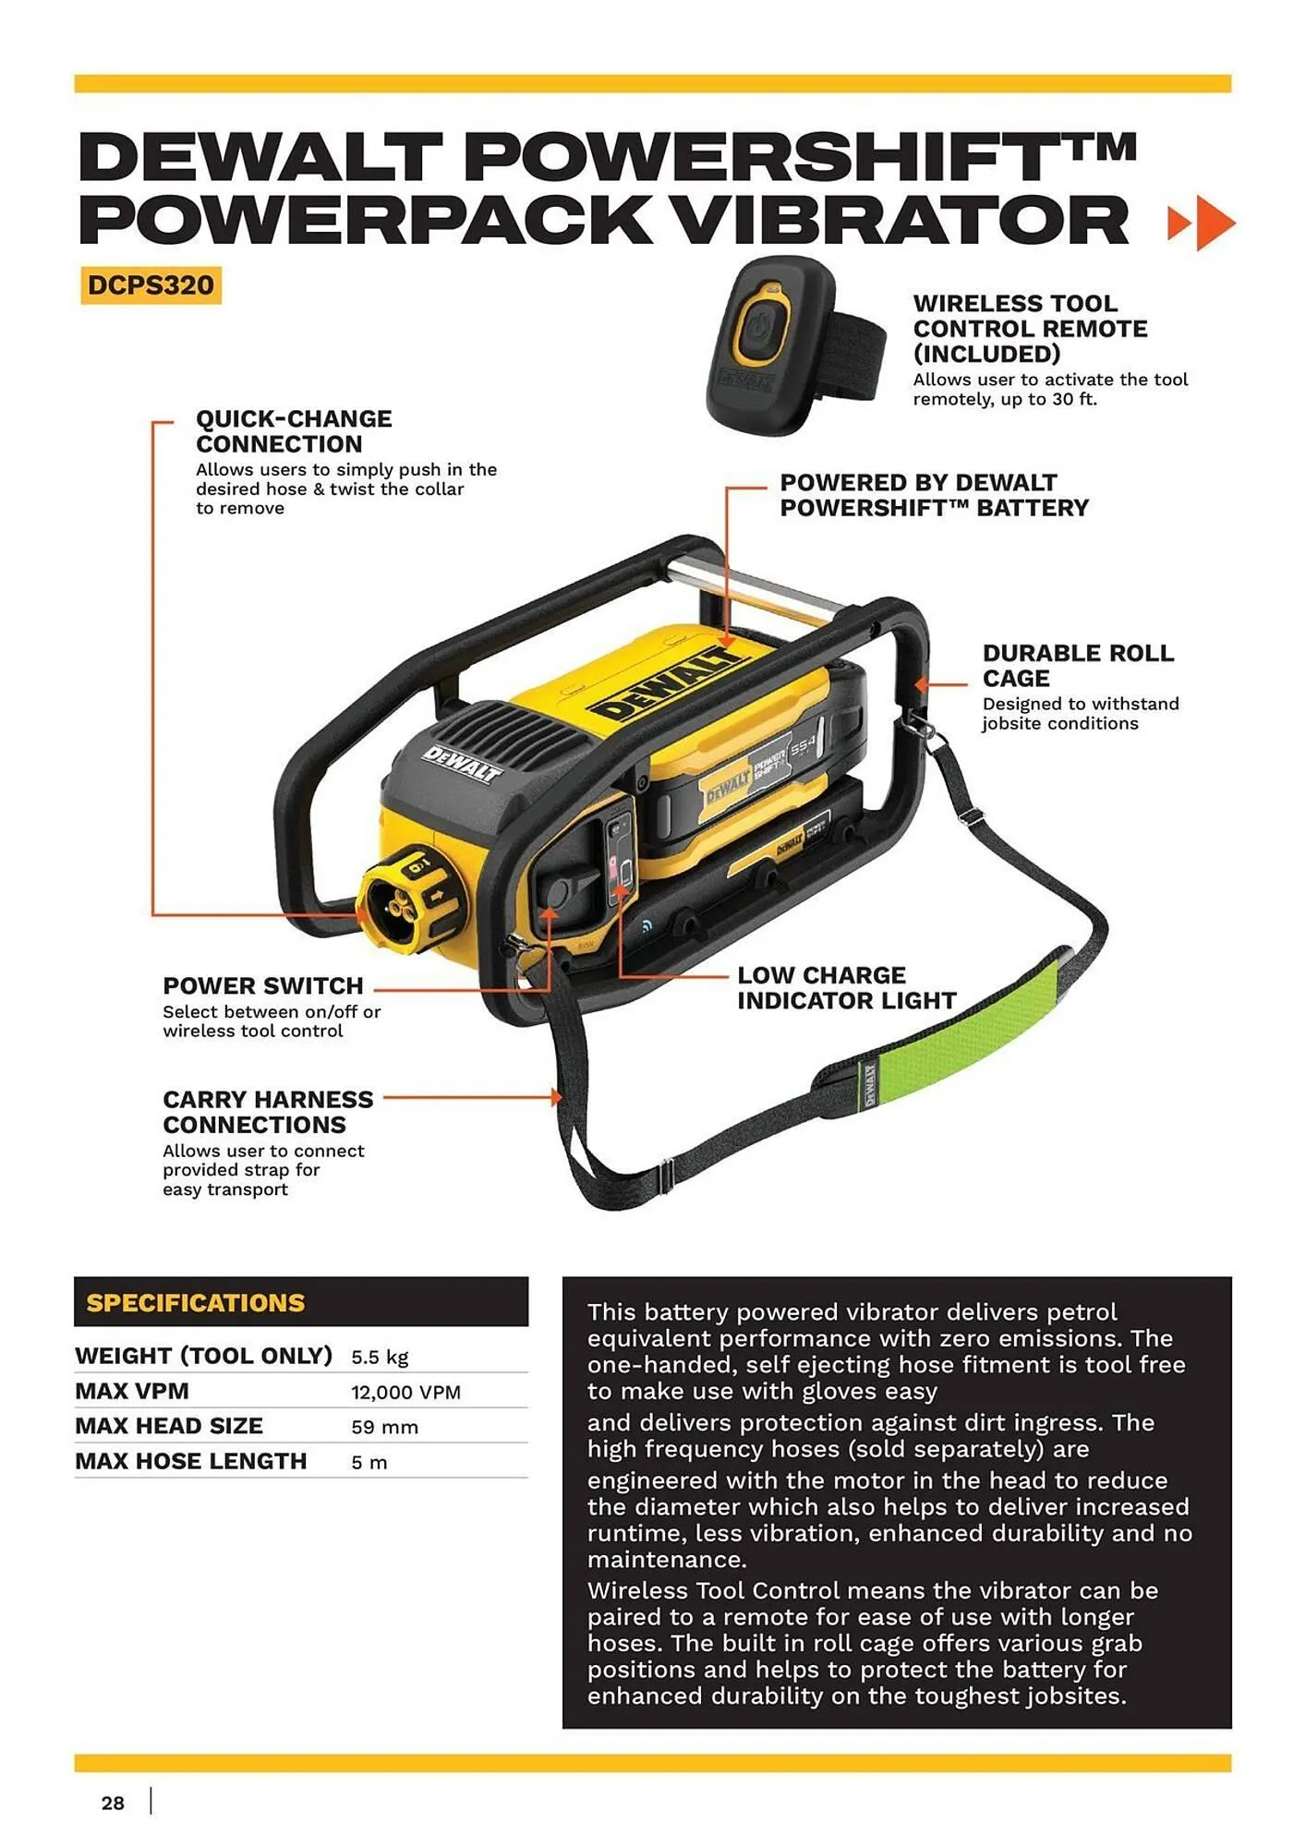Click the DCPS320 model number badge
151,285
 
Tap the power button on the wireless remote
760,328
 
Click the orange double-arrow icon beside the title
1201,223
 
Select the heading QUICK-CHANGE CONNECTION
294,431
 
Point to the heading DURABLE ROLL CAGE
1077,665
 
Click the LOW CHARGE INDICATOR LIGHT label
845,987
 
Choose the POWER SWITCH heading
263,985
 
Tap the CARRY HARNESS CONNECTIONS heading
268,1112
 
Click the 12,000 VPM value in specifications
405,1393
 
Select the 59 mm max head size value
384,1428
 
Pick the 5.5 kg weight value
379,1358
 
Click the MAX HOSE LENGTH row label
191,1461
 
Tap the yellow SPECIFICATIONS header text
195,1303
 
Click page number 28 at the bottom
113,1803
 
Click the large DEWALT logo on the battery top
667,684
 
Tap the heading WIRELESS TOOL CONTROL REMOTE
1030,328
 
